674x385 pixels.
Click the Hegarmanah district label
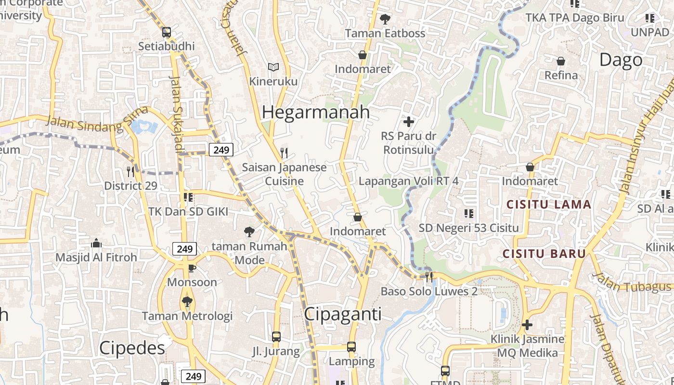(x=316, y=112)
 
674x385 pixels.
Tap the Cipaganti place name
(x=343, y=314)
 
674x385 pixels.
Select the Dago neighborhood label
(x=621, y=60)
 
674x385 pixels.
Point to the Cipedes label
(x=132, y=348)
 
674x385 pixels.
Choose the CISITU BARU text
(x=544, y=254)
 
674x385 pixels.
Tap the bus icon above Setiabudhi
(x=167, y=32)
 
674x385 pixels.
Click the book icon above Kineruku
(x=273, y=67)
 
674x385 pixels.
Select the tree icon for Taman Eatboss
(x=385, y=19)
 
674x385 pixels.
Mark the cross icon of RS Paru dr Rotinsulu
(x=409, y=122)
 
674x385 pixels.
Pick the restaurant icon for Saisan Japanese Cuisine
(x=284, y=153)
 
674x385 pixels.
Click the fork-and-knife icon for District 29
(x=130, y=171)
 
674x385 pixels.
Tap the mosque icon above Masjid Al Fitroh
(x=96, y=243)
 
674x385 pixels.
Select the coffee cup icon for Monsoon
(x=192, y=268)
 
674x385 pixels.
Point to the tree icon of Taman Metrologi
(x=187, y=302)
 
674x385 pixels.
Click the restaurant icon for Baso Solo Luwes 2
(x=429, y=277)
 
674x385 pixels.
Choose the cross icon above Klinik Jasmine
(x=527, y=325)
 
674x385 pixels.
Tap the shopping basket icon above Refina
(x=561, y=61)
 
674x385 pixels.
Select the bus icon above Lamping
(x=351, y=347)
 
